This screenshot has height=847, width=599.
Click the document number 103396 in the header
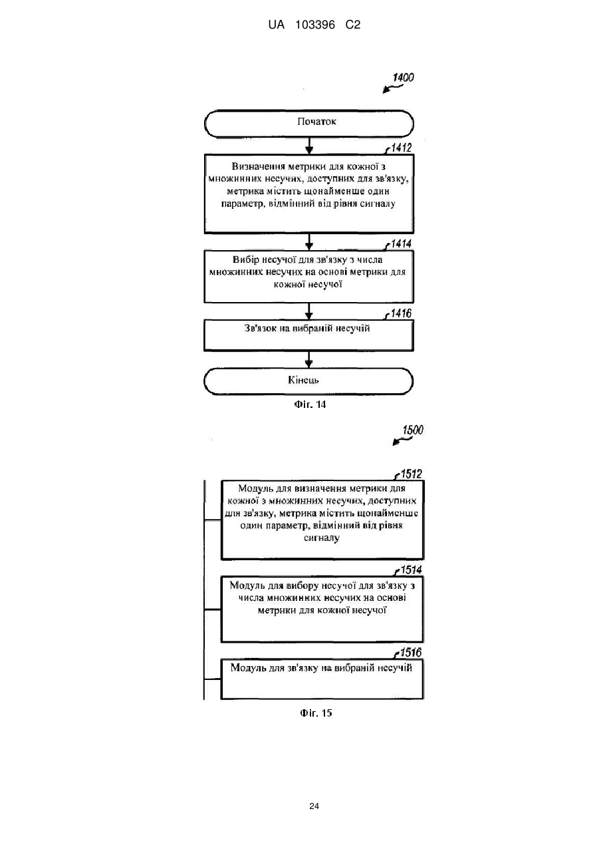(x=315, y=25)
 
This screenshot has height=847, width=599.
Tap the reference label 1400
(x=404, y=78)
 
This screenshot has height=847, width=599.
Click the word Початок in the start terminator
(x=316, y=121)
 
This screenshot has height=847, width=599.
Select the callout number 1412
(x=401, y=148)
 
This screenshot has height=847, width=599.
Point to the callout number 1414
(x=401, y=244)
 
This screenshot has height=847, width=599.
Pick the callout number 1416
(x=401, y=313)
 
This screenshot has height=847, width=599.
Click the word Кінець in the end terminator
(x=303, y=380)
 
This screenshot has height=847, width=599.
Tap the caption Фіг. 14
(x=310, y=405)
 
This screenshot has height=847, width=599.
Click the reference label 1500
(x=413, y=430)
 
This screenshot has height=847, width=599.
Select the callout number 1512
(x=411, y=474)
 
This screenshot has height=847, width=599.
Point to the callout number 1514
(x=411, y=570)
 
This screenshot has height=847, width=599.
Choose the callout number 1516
(x=411, y=652)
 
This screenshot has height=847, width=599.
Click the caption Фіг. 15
(x=316, y=713)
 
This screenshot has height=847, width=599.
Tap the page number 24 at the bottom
(x=314, y=806)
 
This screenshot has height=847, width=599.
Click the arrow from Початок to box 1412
(x=309, y=146)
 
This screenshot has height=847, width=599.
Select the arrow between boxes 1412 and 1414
(x=309, y=242)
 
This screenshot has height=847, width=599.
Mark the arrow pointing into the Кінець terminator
(x=308, y=359)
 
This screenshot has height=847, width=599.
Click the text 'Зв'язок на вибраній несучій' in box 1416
(x=307, y=328)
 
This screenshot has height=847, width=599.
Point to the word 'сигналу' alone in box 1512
(x=322, y=538)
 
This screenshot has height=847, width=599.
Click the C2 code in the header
(x=353, y=25)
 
